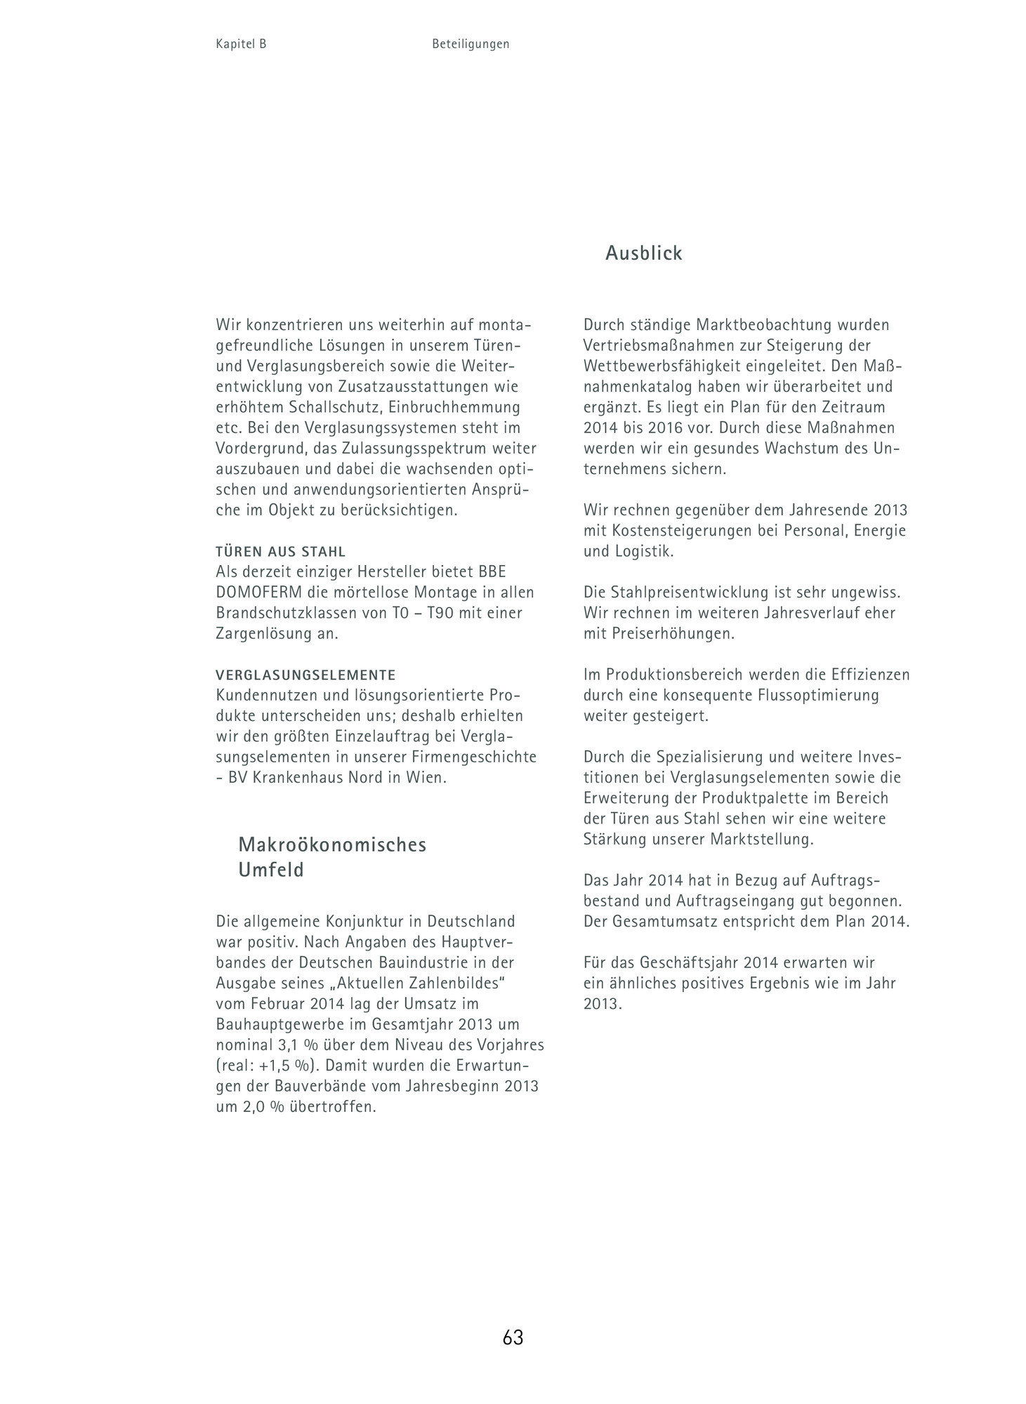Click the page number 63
[513, 1337]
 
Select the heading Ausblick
[643, 253]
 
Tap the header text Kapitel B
[241, 44]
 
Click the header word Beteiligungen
[471, 44]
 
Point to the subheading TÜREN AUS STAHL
[281, 552]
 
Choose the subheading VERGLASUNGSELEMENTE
[305, 675]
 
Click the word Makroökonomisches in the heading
[332, 845]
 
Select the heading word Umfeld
[271, 870]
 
